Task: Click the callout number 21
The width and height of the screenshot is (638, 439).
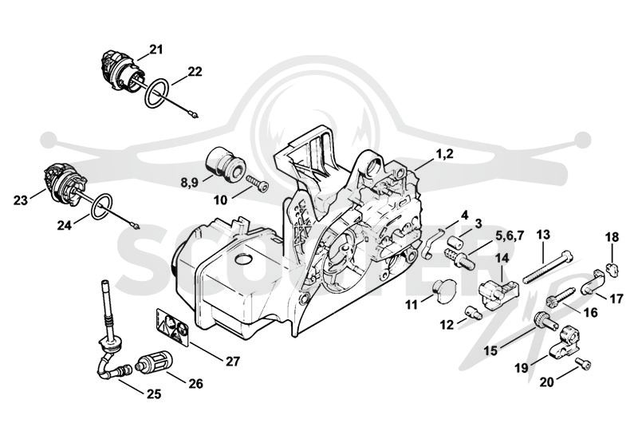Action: coord(156,49)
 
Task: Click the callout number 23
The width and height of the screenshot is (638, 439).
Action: coord(21,200)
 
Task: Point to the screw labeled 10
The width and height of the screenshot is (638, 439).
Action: coord(258,184)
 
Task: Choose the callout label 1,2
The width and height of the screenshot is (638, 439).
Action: coord(444,154)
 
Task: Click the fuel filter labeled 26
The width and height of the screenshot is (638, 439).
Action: coord(151,364)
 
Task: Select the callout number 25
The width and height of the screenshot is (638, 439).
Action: coord(153,394)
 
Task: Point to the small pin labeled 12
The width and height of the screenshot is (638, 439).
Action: coord(474,313)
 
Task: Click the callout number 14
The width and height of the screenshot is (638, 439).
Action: coord(502,258)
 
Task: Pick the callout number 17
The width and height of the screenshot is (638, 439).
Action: coord(616,299)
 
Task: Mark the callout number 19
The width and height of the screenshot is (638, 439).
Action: coord(522,368)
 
